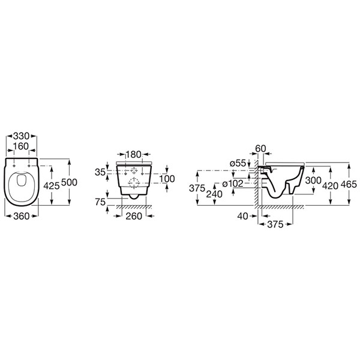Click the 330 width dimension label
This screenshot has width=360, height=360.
point(22,136)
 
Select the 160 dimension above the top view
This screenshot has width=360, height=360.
point(21,146)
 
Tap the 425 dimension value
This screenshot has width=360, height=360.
point(52,186)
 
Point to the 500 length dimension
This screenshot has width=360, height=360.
point(69,182)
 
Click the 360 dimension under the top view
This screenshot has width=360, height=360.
point(22,216)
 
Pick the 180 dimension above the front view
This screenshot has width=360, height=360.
point(134,155)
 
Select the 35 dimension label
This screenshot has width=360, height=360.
point(100,172)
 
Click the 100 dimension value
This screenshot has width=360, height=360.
point(167,179)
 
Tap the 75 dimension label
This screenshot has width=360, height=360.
point(100,202)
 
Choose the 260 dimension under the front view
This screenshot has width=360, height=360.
point(134,216)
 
